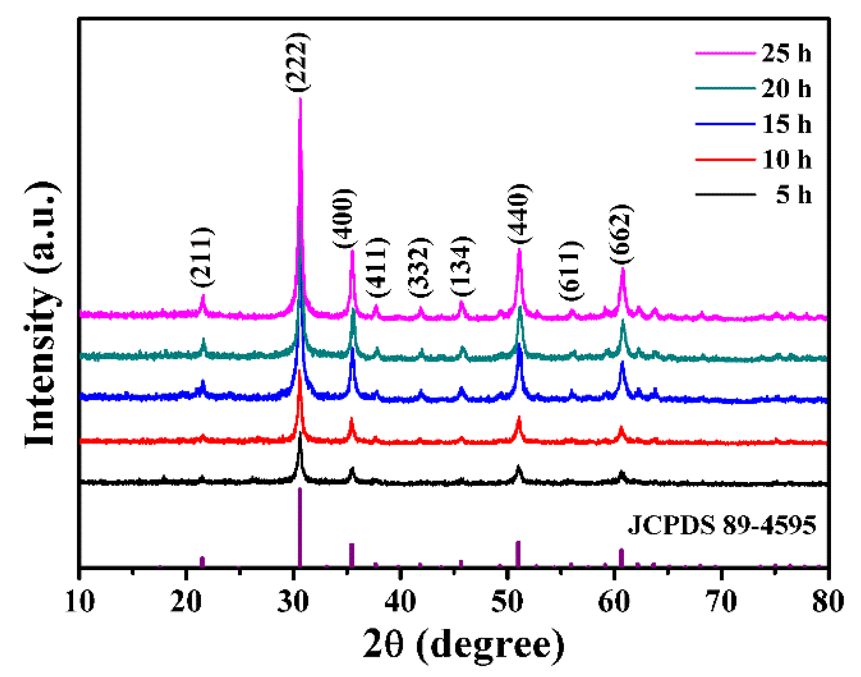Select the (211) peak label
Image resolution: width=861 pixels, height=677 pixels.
[202, 256]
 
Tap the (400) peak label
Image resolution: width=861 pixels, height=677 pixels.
[345, 218]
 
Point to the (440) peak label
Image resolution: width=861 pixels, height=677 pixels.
[520, 213]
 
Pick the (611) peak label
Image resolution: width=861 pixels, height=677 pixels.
[571, 271]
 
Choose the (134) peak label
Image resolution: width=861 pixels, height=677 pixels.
[463, 266]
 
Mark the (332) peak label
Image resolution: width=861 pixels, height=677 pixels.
[420, 267]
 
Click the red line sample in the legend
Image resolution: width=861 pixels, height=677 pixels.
[725, 159]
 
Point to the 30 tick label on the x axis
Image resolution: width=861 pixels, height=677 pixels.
[293, 601]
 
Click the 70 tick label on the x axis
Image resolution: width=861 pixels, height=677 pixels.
[722, 601]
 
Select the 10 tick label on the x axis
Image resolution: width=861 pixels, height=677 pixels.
[80, 601]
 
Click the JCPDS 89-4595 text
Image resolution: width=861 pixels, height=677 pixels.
[722, 525]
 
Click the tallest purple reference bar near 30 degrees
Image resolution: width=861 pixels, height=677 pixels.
[300, 527]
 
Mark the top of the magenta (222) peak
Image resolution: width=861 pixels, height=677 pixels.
[300, 99]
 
